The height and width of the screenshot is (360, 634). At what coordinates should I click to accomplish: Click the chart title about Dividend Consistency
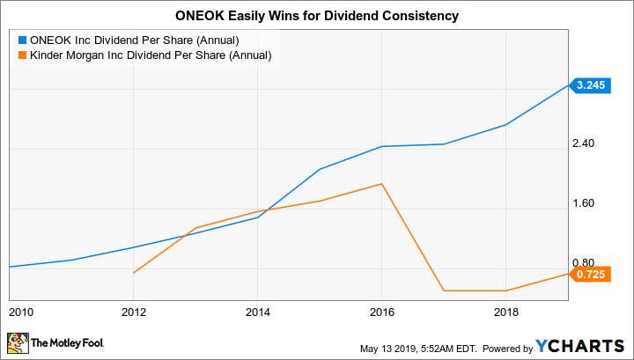tap(317, 16)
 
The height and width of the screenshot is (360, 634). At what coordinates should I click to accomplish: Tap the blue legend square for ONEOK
tap(22, 40)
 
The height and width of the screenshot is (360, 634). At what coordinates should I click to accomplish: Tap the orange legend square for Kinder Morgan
tap(22, 55)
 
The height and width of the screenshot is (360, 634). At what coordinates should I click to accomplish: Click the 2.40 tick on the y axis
tap(584, 143)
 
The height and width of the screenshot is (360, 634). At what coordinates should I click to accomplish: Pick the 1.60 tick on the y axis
tap(584, 203)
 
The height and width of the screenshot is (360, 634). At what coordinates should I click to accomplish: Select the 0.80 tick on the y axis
tap(584, 263)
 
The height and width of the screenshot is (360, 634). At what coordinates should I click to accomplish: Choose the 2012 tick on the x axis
tap(133, 312)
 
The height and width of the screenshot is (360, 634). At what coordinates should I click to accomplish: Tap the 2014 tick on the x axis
tap(257, 312)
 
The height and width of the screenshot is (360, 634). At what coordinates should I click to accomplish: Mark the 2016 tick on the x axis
tap(381, 312)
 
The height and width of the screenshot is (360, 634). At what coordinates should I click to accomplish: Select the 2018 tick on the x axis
tap(505, 312)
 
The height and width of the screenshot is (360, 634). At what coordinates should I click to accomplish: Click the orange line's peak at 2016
tap(381, 184)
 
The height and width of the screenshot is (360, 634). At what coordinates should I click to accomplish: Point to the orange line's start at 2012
tap(133, 274)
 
